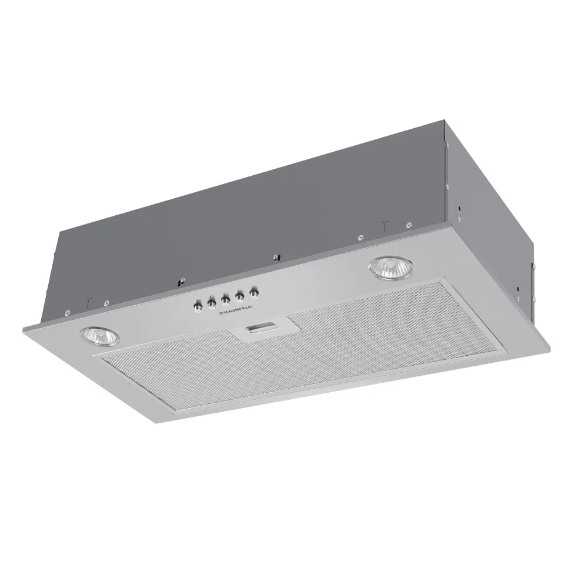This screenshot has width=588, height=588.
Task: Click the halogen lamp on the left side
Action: click(x=99, y=337)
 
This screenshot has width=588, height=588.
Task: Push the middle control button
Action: click(x=225, y=299)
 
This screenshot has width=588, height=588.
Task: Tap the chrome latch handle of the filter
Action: click(x=259, y=329)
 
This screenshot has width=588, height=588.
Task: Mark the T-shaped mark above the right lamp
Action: click(x=385, y=225)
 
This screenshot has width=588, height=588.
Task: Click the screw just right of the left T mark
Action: click(x=106, y=303)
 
